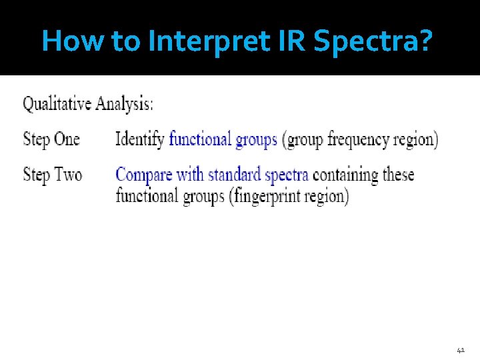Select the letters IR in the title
click(x=297, y=41)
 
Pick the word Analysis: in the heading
click(x=124, y=105)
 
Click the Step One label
click(x=51, y=139)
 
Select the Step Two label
click(x=53, y=175)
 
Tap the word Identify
click(x=139, y=140)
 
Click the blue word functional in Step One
click(x=200, y=140)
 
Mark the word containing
click(x=345, y=175)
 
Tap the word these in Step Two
click(x=398, y=175)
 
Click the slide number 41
click(x=461, y=349)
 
